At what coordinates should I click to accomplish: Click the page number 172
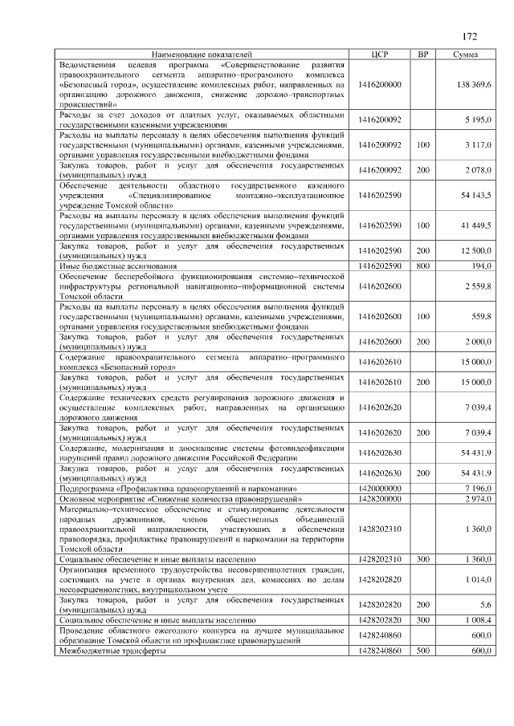471,36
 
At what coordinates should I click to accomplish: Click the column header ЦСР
381,54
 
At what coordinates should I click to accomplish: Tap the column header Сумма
466,54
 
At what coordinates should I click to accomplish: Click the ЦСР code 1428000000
381,498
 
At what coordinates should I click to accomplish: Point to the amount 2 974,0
479,498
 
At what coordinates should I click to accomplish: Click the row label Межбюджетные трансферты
112,651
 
